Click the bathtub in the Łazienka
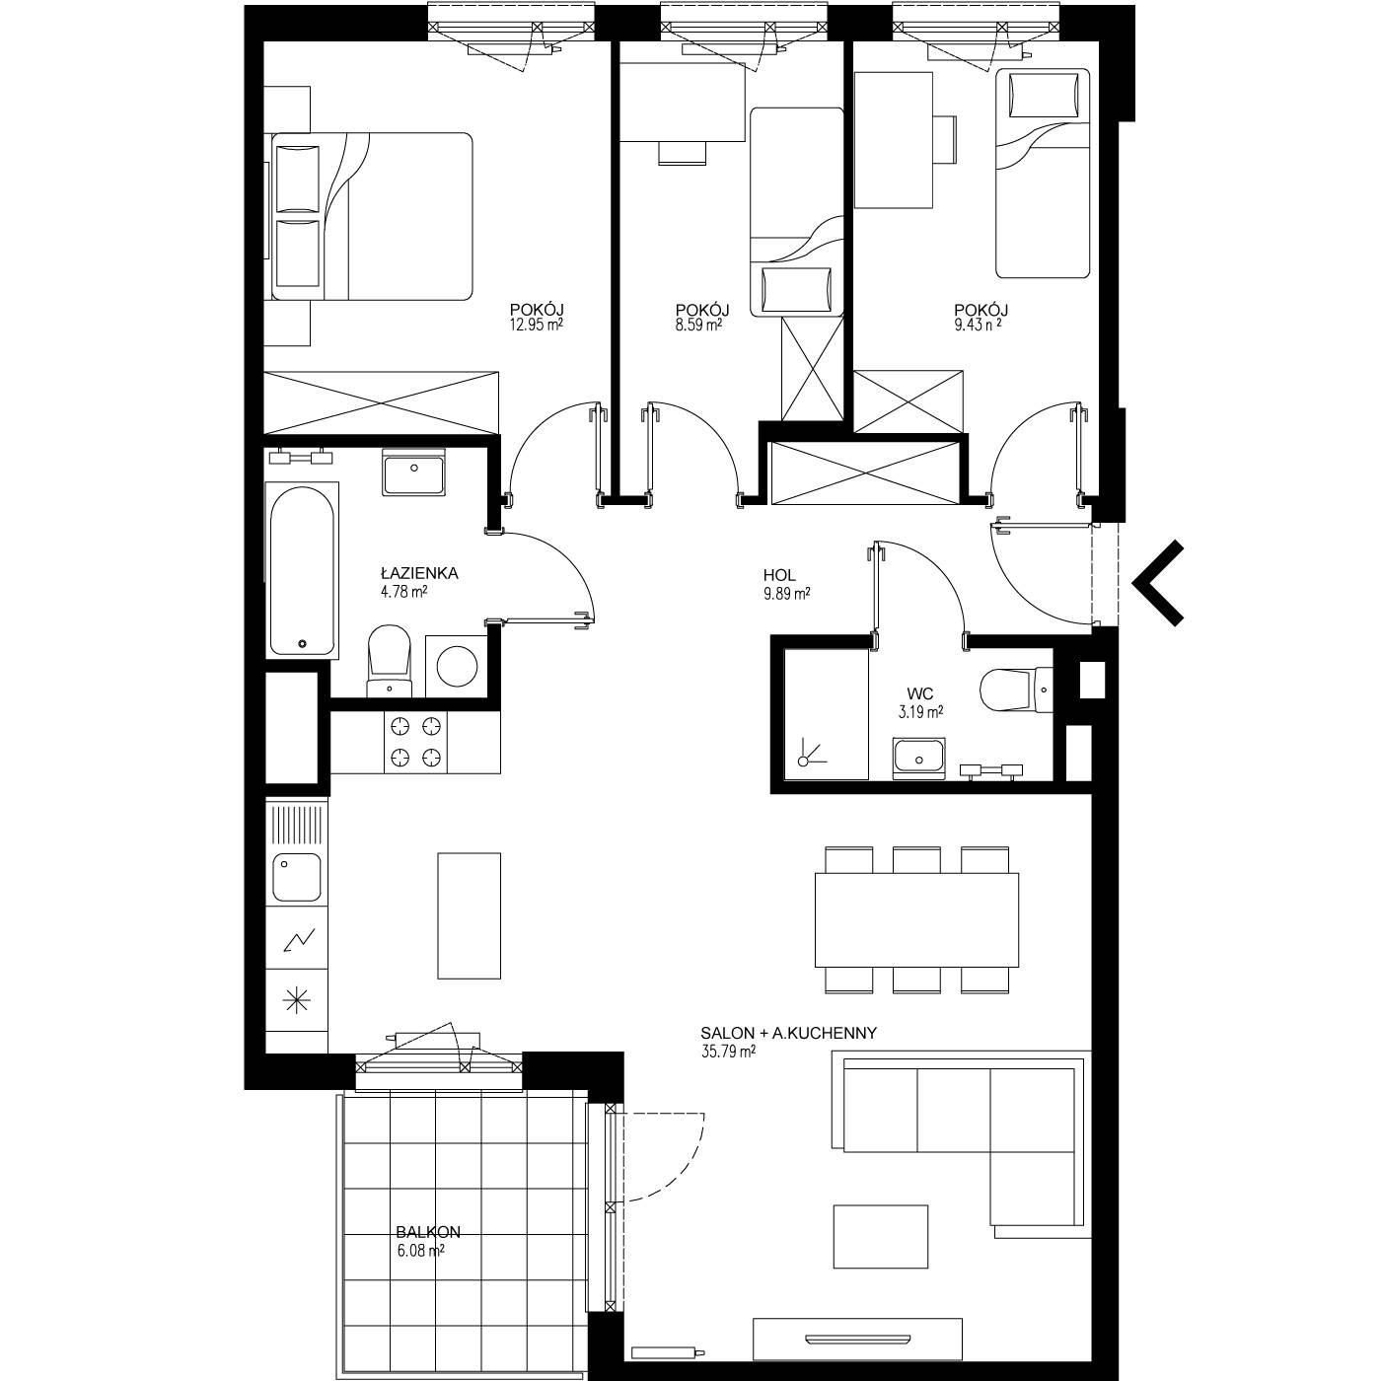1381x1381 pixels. (x=302, y=570)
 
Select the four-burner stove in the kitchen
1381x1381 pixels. (x=415, y=743)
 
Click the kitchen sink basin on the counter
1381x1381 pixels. (x=296, y=877)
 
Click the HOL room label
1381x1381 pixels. (x=779, y=575)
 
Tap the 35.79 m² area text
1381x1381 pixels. (x=729, y=1053)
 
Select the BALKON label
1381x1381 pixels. (x=428, y=1233)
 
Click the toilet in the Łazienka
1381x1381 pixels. (x=389, y=659)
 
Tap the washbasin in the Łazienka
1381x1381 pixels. (x=413, y=472)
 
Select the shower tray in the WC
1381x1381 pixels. (x=827, y=714)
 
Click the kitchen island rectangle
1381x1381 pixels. (x=469, y=915)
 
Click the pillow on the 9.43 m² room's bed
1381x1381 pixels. (x=1044, y=96)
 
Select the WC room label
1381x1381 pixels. (x=919, y=693)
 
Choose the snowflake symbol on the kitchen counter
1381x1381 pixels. (x=297, y=1000)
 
